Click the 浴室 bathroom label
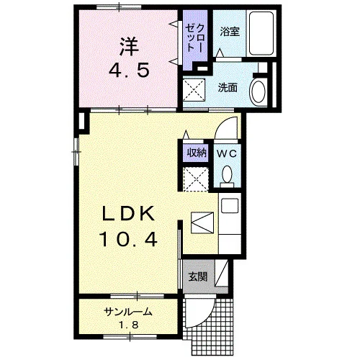(x=230, y=31)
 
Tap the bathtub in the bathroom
(x=261, y=33)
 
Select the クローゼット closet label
(x=194, y=38)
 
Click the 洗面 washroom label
(x=228, y=88)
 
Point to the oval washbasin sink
(x=258, y=91)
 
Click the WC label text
(x=227, y=153)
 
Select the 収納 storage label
(x=197, y=152)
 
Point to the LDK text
(x=128, y=214)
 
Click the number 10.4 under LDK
(x=129, y=239)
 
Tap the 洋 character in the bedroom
(x=129, y=46)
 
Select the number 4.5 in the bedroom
(x=129, y=70)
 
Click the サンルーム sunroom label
(x=128, y=312)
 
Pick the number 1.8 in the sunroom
(x=129, y=325)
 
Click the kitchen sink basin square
(x=230, y=206)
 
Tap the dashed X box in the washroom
(x=194, y=90)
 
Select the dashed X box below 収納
(x=196, y=179)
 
